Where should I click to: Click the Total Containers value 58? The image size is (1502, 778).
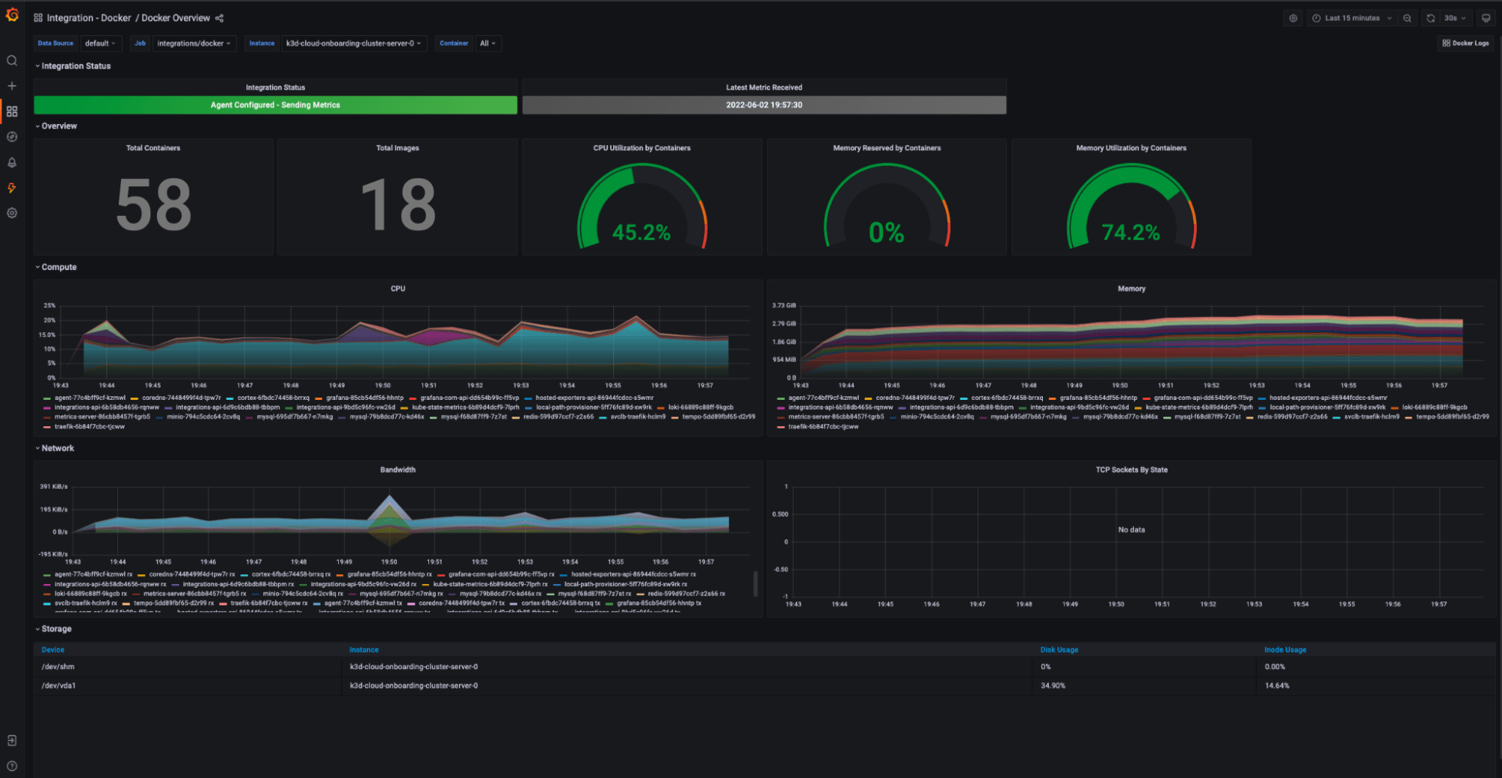tap(153, 205)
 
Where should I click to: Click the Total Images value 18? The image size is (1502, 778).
tap(397, 205)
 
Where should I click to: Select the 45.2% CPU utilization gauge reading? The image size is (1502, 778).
tap(641, 232)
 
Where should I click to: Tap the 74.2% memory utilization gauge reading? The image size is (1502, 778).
tap(1131, 232)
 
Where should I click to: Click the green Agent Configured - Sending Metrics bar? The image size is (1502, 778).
tap(275, 105)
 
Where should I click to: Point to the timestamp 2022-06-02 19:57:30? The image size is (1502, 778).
tap(763, 105)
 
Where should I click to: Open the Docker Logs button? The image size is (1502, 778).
tap(1465, 43)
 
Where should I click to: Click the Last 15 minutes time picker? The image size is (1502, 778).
tap(1351, 18)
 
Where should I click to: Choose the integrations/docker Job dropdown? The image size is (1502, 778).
tap(194, 43)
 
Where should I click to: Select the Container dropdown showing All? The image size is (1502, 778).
tap(488, 43)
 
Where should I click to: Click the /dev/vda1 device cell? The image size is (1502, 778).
tap(59, 686)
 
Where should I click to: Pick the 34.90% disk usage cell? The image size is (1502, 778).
tap(1053, 686)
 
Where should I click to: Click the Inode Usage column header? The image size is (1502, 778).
tap(1285, 649)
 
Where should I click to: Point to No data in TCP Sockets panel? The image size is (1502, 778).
tap(1131, 530)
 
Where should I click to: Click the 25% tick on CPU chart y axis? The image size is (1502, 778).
tap(50, 305)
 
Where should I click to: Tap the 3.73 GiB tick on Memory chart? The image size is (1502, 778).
tap(784, 305)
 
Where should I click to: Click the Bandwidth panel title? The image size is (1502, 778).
tap(397, 470)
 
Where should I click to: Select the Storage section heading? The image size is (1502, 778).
tap(56, 628)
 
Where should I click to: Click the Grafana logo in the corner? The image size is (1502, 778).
tap(12, 15)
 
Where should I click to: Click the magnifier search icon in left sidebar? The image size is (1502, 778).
tap(12, 61)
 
